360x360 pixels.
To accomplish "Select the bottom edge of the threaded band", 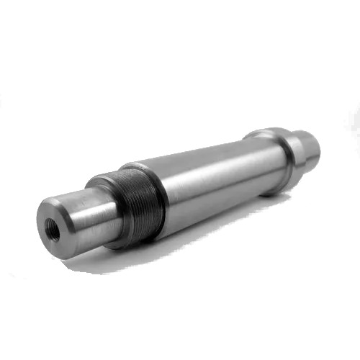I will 144,238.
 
